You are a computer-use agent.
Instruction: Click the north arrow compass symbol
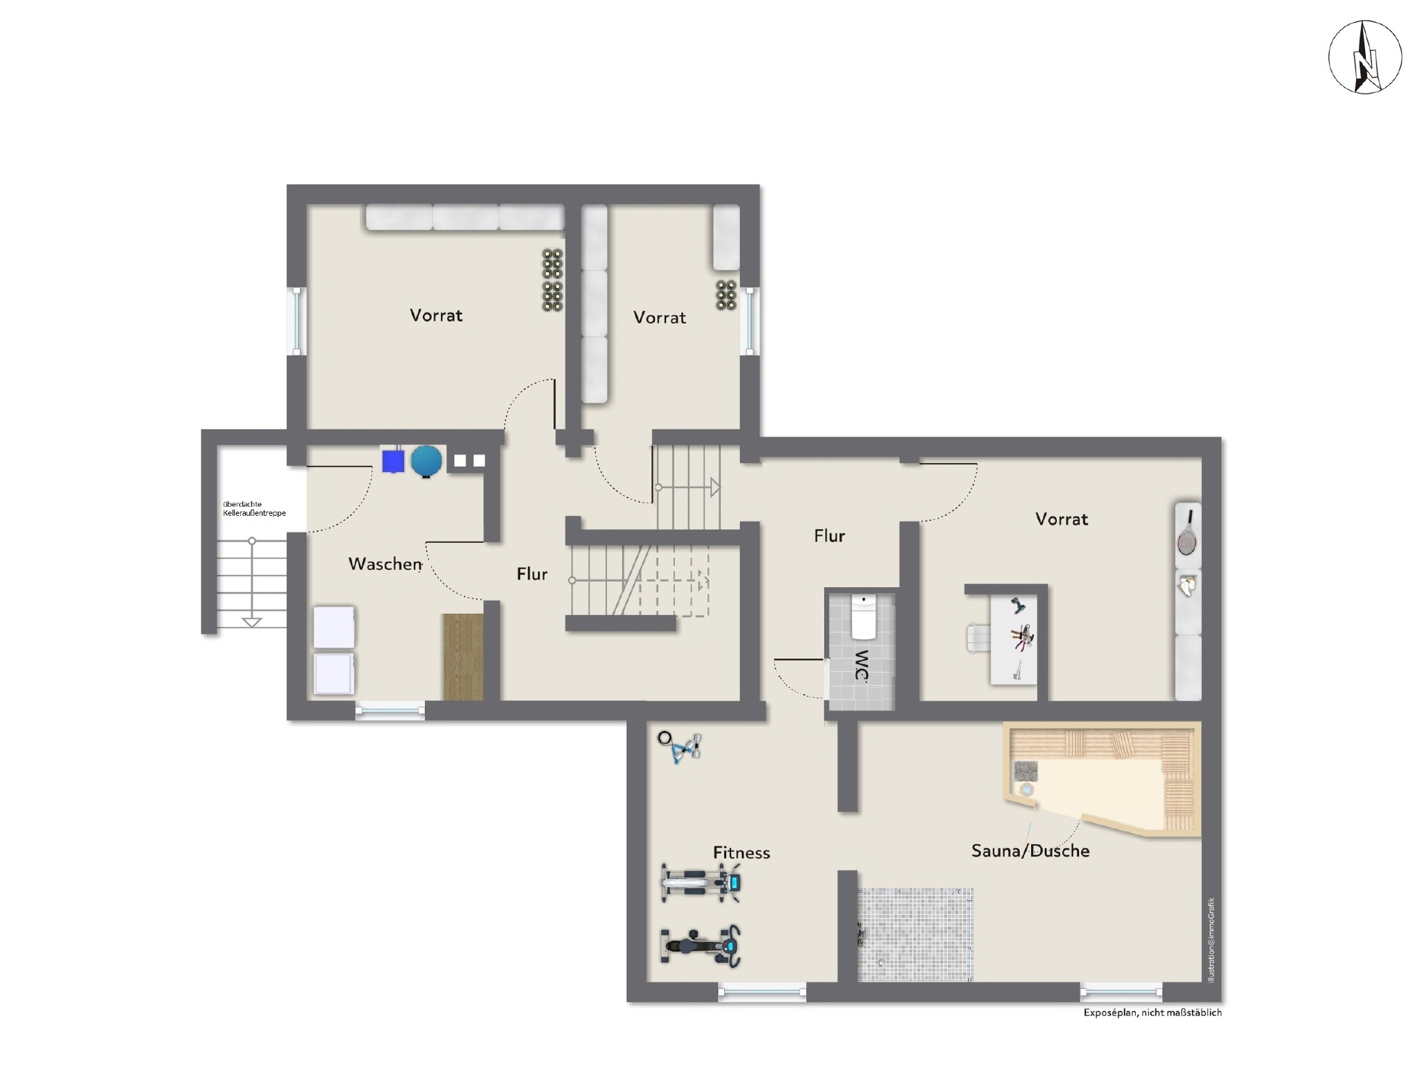pos(1364,57)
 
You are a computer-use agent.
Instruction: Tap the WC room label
pos(862,666)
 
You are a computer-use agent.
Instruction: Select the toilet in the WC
pos(864,616)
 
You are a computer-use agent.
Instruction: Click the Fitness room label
pos(742,852)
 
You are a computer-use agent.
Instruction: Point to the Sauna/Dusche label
pos(1030,851)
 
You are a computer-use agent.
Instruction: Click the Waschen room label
pos(385,564)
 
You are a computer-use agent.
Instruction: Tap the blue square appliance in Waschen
pos(393,461)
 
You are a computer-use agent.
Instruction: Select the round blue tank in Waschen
pos(426,461)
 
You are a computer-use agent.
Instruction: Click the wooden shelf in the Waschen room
pos(463,657)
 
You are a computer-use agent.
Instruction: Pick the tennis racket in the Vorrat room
pos(1188,532)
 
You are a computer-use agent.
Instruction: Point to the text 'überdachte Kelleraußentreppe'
pos(254,509)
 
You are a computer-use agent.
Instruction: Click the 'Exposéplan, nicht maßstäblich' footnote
pos(1153,1013)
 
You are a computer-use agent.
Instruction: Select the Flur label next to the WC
pos(830,536)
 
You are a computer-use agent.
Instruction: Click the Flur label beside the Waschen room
pos(532,574)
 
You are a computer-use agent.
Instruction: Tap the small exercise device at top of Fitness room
pos(680,747)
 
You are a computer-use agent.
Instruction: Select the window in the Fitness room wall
pos(762,992)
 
